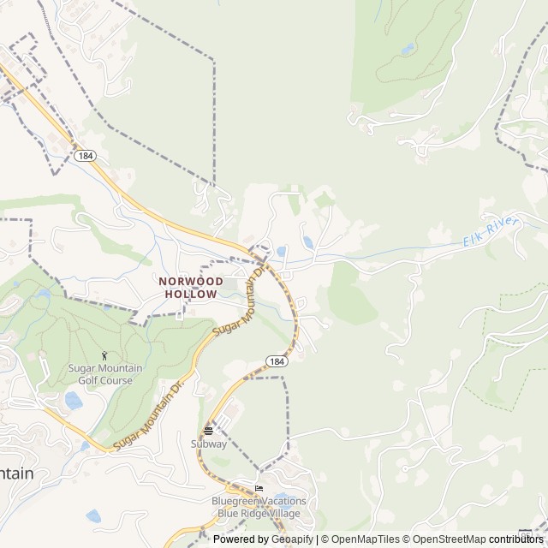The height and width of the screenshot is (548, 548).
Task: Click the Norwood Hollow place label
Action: [190, 287]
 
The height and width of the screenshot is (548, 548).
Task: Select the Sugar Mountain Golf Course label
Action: [106, 373]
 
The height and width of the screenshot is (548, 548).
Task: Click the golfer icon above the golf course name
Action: [105, 355]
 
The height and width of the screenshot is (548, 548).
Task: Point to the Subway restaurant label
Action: [209, 444]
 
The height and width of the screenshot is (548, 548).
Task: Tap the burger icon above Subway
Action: [208, 431]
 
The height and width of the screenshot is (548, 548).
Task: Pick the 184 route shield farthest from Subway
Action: [84, 156]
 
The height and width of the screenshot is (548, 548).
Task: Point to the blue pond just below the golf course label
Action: [74, 401]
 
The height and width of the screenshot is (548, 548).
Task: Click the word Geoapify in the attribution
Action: [293, 539]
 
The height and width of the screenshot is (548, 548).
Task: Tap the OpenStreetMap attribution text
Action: [446, 539]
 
